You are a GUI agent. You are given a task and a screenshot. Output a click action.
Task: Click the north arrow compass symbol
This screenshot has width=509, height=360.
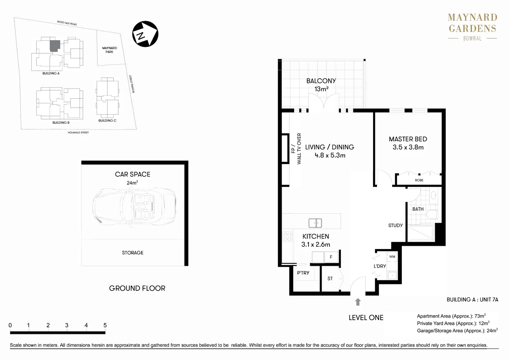145,34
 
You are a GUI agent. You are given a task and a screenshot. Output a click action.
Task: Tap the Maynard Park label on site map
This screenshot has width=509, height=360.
109,50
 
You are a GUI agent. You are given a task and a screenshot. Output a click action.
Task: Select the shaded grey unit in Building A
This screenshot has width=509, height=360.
55,46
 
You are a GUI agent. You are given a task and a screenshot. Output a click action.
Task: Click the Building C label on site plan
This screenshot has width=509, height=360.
107,121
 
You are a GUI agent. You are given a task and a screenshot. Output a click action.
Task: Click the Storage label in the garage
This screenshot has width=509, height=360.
133,253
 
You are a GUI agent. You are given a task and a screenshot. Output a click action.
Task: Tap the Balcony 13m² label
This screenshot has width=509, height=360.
321,85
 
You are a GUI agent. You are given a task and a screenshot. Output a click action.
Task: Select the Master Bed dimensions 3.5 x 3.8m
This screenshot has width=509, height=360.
408,147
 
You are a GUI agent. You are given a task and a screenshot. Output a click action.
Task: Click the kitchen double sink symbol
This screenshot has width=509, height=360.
315,223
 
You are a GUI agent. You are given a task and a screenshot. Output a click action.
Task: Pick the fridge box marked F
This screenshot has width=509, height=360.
331,257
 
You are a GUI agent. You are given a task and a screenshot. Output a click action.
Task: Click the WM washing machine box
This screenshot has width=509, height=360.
392,257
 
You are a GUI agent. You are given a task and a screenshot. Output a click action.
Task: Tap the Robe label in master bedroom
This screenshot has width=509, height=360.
419,180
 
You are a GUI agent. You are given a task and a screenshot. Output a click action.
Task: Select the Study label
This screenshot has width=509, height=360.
395,225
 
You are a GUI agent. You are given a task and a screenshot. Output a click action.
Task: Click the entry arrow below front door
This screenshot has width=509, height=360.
358,302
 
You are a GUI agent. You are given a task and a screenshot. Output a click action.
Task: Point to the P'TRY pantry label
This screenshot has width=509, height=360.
303,273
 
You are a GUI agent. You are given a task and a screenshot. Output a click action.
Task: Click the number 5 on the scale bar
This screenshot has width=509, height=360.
105,325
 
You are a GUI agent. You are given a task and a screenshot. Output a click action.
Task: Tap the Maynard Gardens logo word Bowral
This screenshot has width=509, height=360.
472,39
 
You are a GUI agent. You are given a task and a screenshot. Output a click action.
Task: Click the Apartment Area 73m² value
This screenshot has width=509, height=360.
480,316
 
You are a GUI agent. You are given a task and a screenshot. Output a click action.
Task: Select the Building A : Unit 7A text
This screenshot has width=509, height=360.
472,299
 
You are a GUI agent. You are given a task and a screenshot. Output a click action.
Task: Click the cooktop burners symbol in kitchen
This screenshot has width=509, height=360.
287,237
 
